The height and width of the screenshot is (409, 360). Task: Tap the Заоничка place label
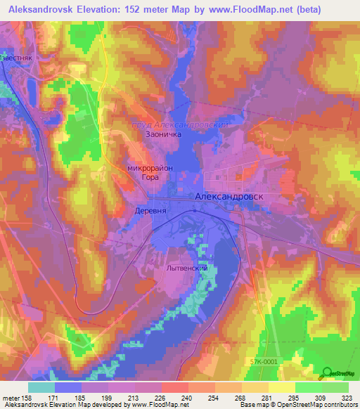163,134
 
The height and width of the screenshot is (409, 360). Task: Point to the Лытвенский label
186,268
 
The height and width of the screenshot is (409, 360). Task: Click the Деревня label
150,211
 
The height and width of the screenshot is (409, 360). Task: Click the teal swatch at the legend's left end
41,387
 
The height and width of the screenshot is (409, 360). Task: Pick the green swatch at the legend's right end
335,387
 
